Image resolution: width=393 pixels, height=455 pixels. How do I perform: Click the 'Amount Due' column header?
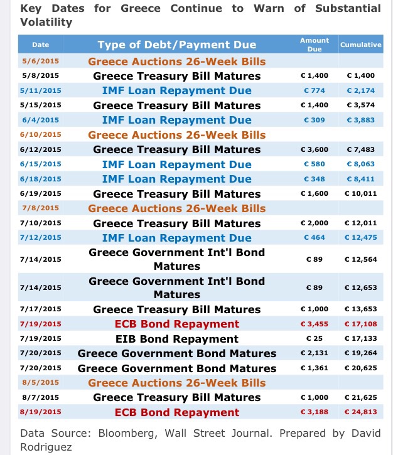pyautogui.click(x=315, y=45)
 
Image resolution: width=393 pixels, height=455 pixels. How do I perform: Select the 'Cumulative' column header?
pyautogui.click(x=360, y=45)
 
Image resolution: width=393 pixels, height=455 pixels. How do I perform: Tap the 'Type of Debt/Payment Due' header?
pyautogui.click(x=176, y=45)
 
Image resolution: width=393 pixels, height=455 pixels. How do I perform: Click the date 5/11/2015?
pyautogui.click(x=41, y=90)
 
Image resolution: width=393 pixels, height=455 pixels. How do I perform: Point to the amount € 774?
pyautogui.click(x=315, y=90)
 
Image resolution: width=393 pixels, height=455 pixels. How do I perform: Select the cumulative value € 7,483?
pyautogui.click(x=360, y=149)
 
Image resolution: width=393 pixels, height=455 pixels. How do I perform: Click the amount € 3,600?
pyautogui.click(x=315, y=149)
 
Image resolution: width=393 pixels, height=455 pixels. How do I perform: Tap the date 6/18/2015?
pyautogui.click(x=41, y=179)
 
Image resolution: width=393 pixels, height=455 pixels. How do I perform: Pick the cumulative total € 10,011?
pyautogui.click(x=360, y=193)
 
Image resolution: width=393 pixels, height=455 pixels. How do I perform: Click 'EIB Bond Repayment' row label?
pyautogui.click(x=176, y=339)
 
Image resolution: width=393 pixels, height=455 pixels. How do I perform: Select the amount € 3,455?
pyautogui.click(x=315, y=324)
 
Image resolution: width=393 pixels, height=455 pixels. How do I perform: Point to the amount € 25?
pyautogui.click(x=315, y=339)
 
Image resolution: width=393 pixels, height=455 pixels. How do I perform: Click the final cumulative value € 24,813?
pyautogui.click(x=360, y=412)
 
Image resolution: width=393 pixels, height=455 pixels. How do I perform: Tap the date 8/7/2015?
pyautogui.click(x=41, y=397)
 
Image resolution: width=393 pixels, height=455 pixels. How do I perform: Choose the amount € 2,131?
pyautogui.click(x=315, y=353)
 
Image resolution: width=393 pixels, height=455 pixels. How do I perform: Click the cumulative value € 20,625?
pyautogui.click(x=360, y=368)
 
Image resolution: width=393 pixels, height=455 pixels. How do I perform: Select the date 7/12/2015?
pyautogui.click(x=41, y=237)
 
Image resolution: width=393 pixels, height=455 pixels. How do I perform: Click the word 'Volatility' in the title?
pyautogui.click(x=46, y=22)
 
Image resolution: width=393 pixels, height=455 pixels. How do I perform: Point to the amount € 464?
pyautogui.click(x=315, y=237)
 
